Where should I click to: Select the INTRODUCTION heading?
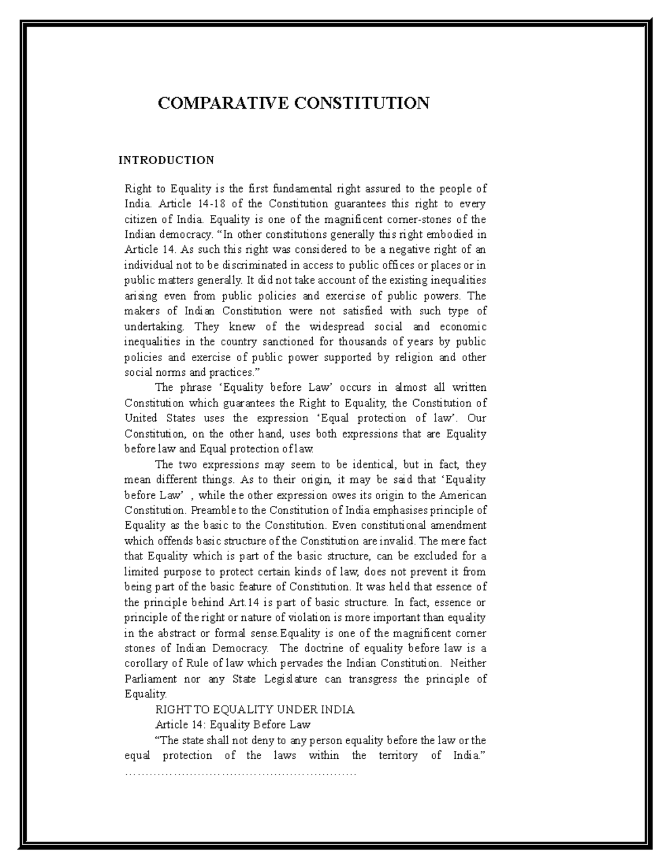tap(166, 161)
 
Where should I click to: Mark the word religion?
tap(414, 357)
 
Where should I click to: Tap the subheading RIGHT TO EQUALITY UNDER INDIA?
tap(255, 710)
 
